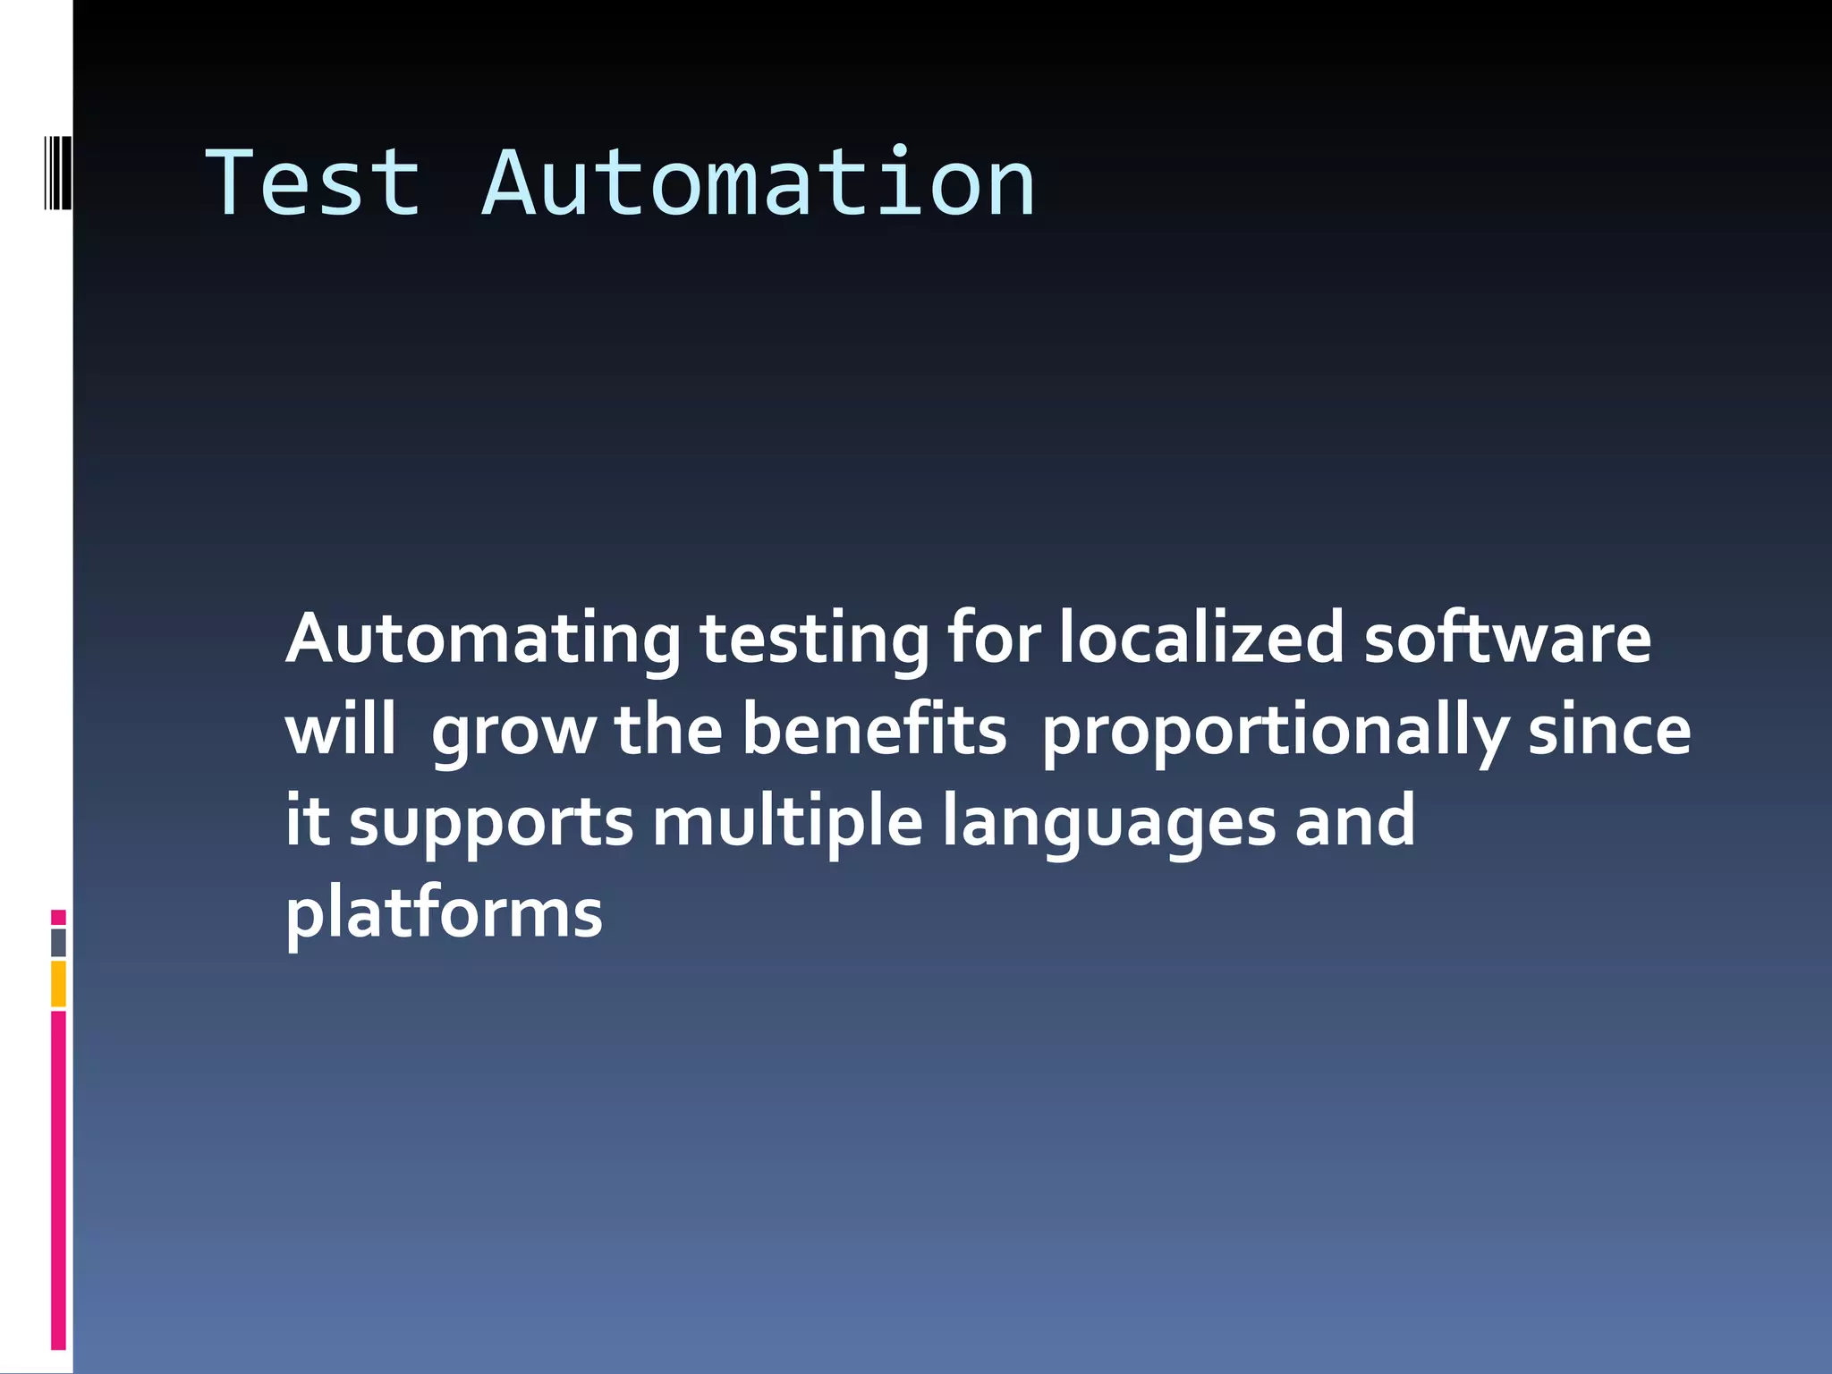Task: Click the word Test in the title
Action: pos(313,183)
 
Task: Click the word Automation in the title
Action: pos(759,183)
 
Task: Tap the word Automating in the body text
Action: pos(483,639)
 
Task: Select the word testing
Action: pos(815,639)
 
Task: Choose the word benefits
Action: pos(874,730)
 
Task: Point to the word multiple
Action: pos(787,821)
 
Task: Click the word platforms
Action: pos(444,914)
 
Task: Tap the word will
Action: pos(341,730)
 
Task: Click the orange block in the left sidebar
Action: pos(58,984)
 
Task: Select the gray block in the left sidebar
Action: pos(58,943)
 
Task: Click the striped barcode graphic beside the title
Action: pos(57,173)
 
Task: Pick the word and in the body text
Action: pos(1355,821)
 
